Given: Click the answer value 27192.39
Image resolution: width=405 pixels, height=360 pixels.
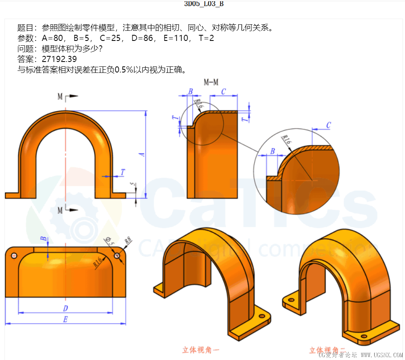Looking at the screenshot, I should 59,59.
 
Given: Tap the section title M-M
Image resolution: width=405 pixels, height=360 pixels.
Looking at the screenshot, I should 211,82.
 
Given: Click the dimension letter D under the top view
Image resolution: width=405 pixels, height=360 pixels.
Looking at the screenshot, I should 65,308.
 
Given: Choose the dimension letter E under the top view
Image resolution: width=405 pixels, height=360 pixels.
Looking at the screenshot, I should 65,320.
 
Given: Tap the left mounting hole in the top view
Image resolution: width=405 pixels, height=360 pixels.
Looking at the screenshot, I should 14,256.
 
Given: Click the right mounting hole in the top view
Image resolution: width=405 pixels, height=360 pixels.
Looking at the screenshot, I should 118,256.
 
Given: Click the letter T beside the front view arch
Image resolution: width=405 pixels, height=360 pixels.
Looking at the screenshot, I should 122,172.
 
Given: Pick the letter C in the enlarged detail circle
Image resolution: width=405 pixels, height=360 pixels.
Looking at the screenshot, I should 328,126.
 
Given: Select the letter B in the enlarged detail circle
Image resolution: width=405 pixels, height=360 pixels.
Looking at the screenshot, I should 273,151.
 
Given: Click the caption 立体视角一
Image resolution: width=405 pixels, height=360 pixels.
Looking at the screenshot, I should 201,349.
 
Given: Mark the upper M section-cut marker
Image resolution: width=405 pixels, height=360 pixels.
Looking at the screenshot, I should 60,97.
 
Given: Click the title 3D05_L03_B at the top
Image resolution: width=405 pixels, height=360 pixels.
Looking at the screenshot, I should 204,4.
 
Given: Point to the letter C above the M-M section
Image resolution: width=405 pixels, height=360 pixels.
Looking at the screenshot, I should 224,92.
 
